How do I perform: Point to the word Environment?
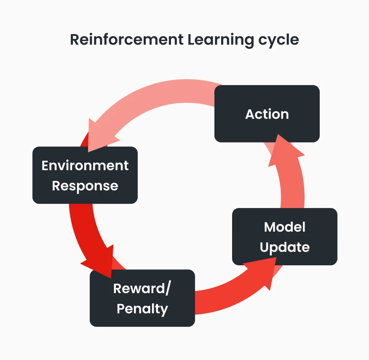[x=85, y=165]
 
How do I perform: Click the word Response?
[x=85, y=186]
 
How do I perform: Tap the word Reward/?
[x=142, y=289]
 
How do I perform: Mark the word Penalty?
[x=142, y=309]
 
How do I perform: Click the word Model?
[x=285, y=227]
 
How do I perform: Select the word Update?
[x=285, y=247]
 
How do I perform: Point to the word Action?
[x=267, y=114]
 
